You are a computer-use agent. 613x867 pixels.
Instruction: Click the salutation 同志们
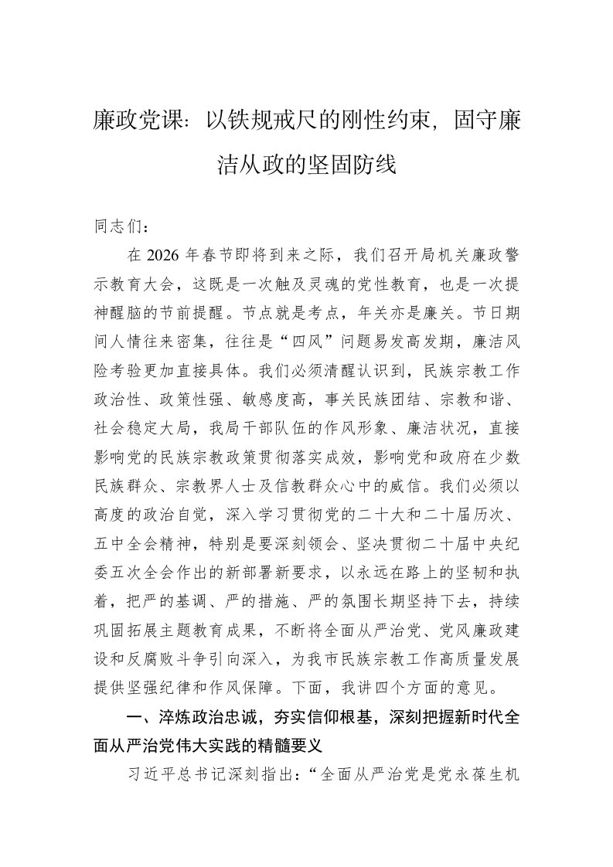(114, 227)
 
